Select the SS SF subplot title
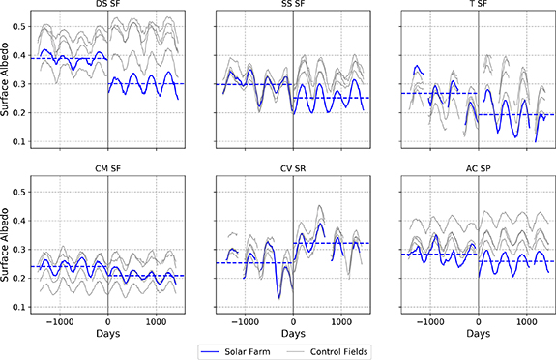click(293, 6)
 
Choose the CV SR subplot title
click(293, 172)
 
